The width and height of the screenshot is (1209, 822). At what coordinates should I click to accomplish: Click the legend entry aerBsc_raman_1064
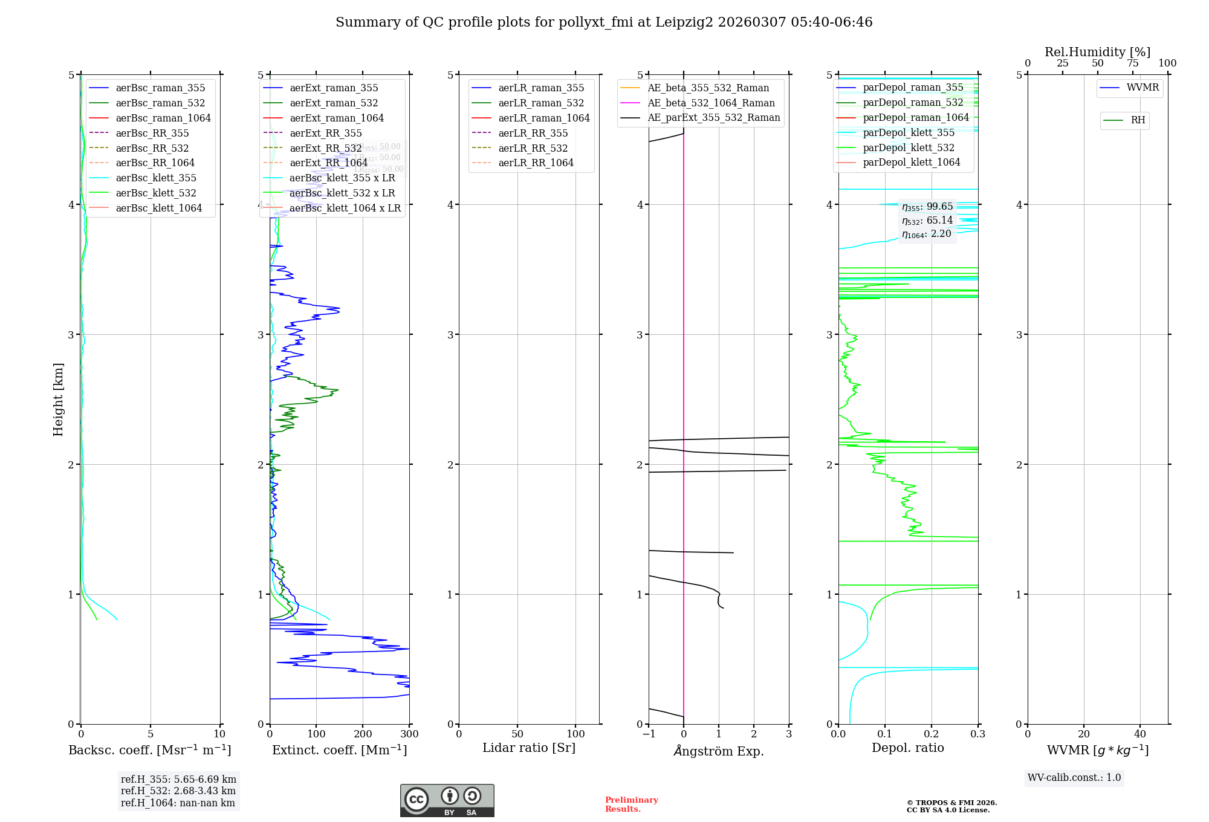pos(163,118)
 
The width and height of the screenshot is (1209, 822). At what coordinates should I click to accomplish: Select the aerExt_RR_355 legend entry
pos(326,133)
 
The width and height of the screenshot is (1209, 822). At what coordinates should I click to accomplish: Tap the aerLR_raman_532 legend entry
pos(541,103)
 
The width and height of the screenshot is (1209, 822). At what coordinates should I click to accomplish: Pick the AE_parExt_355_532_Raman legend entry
pos(713,117)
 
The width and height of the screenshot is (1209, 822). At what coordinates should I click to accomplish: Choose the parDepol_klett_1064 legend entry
pos(911,162)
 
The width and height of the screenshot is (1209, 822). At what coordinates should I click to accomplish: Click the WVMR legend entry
pos(1143,88)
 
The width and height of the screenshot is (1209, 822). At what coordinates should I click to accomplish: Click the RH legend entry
pos(1138,120)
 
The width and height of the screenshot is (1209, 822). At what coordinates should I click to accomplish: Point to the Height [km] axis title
pos(58,399)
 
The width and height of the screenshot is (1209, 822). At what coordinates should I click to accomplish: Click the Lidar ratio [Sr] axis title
pos(529,748)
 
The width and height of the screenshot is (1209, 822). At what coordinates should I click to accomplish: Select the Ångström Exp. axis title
pos(719,751)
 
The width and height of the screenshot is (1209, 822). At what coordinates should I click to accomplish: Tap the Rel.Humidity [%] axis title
pos(1097,52)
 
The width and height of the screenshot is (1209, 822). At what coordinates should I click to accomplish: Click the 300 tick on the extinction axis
pos(409,734)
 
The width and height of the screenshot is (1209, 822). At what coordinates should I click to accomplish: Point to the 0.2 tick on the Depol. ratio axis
pos(932,734)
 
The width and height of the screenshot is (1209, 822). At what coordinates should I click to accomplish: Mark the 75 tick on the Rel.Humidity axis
pos(1133,63)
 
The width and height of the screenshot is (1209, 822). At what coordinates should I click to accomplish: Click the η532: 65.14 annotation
pos(927,221)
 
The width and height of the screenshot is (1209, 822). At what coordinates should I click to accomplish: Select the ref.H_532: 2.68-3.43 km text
pos(178,791)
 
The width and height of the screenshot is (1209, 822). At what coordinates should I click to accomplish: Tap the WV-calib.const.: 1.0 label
pos(1074,778)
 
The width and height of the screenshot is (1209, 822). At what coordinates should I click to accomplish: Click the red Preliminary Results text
pos(631,804)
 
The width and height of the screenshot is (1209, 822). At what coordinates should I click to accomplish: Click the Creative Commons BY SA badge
pos(447,800)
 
